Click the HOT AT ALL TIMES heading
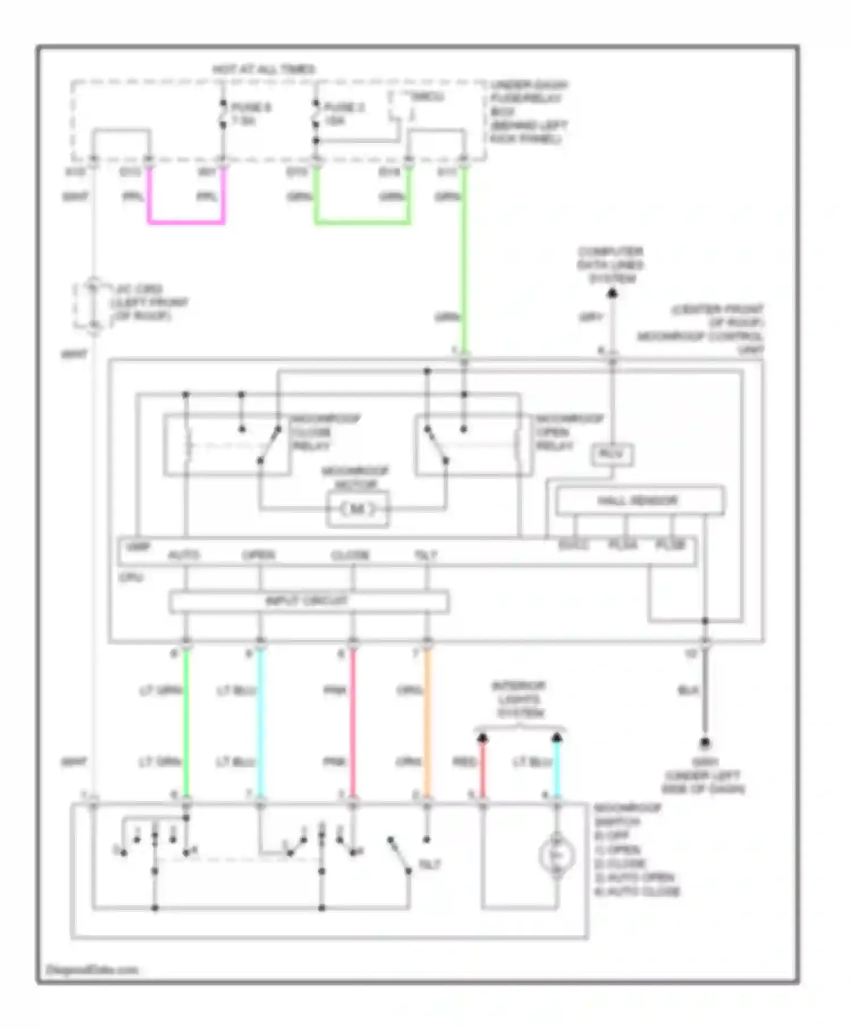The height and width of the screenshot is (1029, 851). (264, 69)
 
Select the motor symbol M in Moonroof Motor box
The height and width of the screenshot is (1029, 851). (357, 509)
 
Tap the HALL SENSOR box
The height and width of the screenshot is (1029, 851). (639, 500)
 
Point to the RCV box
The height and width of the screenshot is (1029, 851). (612, 454)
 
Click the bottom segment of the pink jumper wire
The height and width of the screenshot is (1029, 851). (186, 221)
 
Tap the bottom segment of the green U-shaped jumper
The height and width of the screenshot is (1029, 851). (362, 221)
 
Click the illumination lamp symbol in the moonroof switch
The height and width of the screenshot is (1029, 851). (557, 855)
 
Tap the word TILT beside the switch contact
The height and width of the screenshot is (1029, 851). (429, 864)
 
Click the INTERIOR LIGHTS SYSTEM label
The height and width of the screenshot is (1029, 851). (519, 699)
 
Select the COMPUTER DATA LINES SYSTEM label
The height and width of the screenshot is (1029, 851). (610, 265)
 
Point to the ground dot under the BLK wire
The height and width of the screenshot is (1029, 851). (705, 742)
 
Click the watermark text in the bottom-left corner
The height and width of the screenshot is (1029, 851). (92, 969)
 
